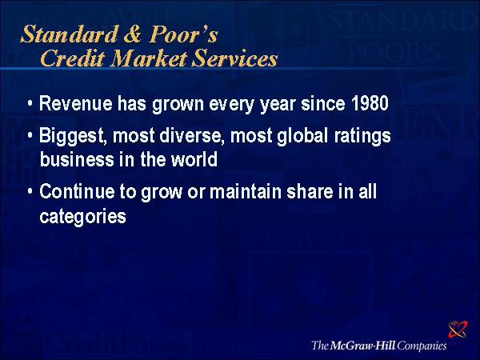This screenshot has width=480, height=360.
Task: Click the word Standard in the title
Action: click(70, 34)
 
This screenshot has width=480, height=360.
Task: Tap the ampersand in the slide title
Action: click(133, 34)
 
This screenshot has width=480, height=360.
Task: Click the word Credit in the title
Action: click(73, 58)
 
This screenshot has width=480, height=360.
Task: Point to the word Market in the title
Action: click(149, 58)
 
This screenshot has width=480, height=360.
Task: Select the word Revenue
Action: click(76, 103)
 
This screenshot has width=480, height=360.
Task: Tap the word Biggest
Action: click(73, 136)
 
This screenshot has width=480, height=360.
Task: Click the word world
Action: click(194, 159)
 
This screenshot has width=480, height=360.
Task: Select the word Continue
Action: click(77, 192)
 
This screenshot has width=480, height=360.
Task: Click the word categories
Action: click(82, 217)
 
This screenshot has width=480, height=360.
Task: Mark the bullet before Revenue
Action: click(30, 103)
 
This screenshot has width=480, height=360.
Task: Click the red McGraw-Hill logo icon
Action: click(458, 329)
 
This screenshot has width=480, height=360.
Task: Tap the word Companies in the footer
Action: click(422, 346)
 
